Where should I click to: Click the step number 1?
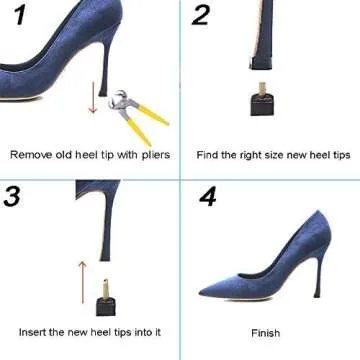(x=17, y=17)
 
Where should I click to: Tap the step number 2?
(x=201, y=15)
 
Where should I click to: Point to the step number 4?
(x=207, y=196)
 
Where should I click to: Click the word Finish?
(x=265, y=334)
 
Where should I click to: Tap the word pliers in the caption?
(x=154, y=155)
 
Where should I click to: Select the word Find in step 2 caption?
(x=207, y=155)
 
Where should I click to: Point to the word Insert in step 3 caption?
(x=32, y=331)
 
